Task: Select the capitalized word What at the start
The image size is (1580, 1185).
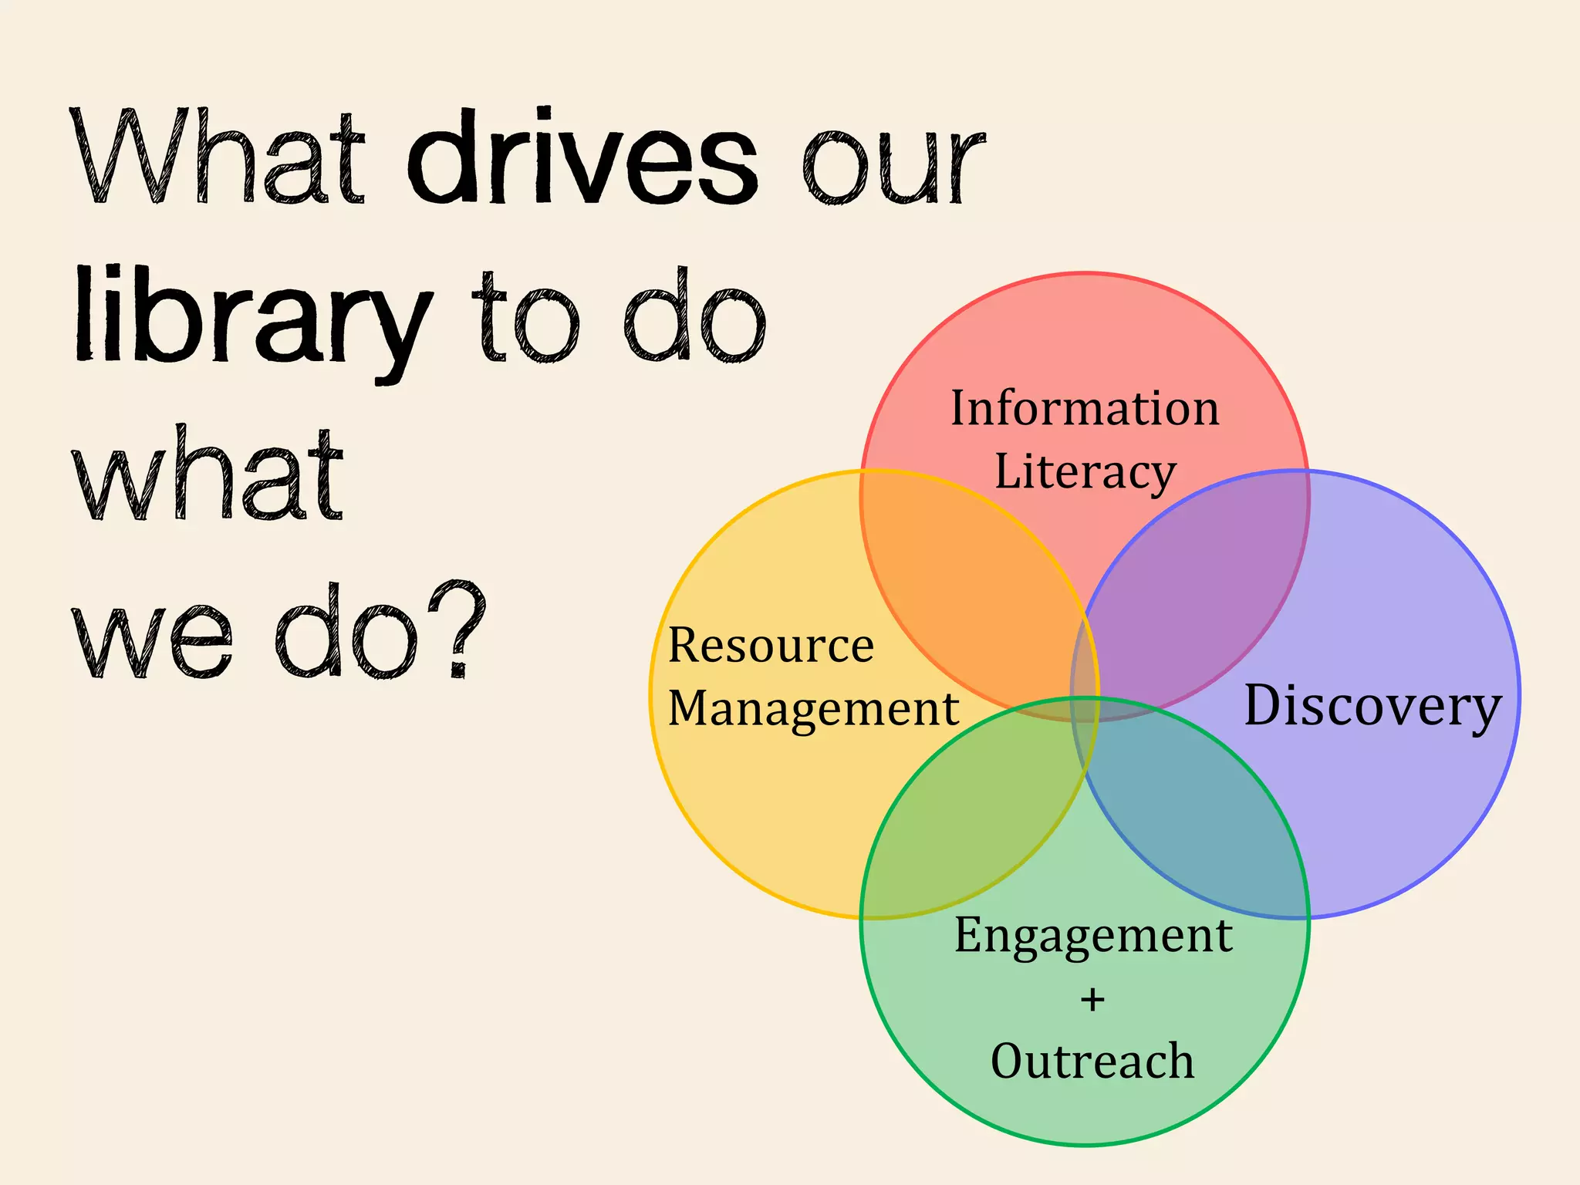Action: tap(220, 158)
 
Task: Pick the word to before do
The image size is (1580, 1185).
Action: tap(525, 320)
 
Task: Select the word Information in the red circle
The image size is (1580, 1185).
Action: tap(1085, 408)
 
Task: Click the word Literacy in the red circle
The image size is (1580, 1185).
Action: tap(1085, 472)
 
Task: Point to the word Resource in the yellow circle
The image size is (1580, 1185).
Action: tap(771, 645)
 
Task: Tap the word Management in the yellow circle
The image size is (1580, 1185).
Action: tap(813, 708)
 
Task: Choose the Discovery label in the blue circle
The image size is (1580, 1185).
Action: tap(1372, 706)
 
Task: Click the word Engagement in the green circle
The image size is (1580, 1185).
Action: tap(1093, 936)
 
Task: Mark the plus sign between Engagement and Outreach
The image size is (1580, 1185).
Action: tap(1092, 1000)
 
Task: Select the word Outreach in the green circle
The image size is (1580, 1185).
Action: tap(1092, 1062)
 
